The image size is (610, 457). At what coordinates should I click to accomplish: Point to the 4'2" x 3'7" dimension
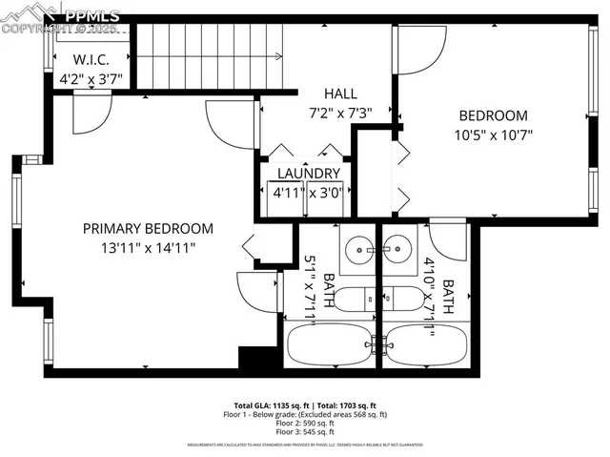click(x=78, y=80)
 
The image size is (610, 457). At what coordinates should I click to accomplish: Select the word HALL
click(x=340, y=93)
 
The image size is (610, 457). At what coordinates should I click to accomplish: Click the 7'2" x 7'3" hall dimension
click(x=340, y=112)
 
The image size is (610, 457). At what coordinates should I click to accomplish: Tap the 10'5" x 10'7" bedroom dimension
click(x=493, y=135)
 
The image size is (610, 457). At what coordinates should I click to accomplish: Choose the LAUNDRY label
click(x=308, y=173)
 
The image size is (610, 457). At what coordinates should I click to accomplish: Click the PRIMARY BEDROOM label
click(x=148, y=228)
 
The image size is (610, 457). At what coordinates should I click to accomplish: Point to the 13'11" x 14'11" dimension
click(x=148, y=247)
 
